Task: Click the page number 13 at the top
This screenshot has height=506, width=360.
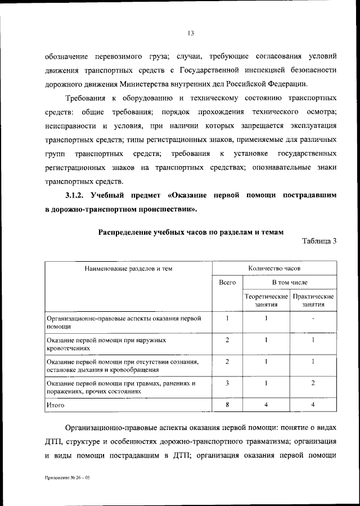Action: tap(190, 33)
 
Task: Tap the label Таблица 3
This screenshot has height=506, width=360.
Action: tap(319, 241)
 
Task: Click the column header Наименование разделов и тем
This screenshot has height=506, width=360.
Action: tap(128, 268)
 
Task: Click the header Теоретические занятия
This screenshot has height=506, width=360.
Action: tap(266, 300)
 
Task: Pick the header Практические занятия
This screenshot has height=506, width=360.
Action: tap(313, 300)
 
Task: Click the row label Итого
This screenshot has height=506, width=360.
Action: tap(56, 405)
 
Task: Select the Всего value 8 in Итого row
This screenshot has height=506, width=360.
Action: tap(227, 405)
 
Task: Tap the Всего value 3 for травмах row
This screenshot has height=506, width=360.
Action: tap(227, 383)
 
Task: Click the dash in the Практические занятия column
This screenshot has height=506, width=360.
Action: tap(313, 319)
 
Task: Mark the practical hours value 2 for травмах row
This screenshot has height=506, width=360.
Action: tap(313, 383)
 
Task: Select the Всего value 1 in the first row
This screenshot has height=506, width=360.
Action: tap(227, 319)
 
